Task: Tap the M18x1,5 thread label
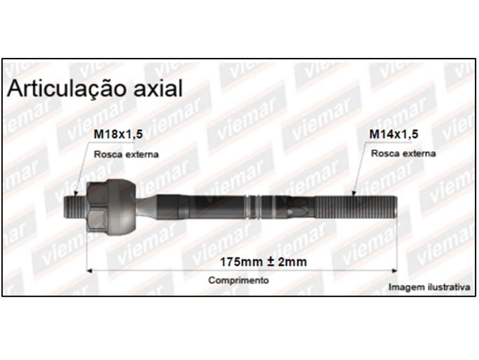118,134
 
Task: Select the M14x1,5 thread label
394,134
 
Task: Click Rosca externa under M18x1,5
126,154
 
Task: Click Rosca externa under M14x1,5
403,153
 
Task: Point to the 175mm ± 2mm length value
263,262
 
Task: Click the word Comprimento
239,281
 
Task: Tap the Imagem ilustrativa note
429,287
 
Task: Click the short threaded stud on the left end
75,207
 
